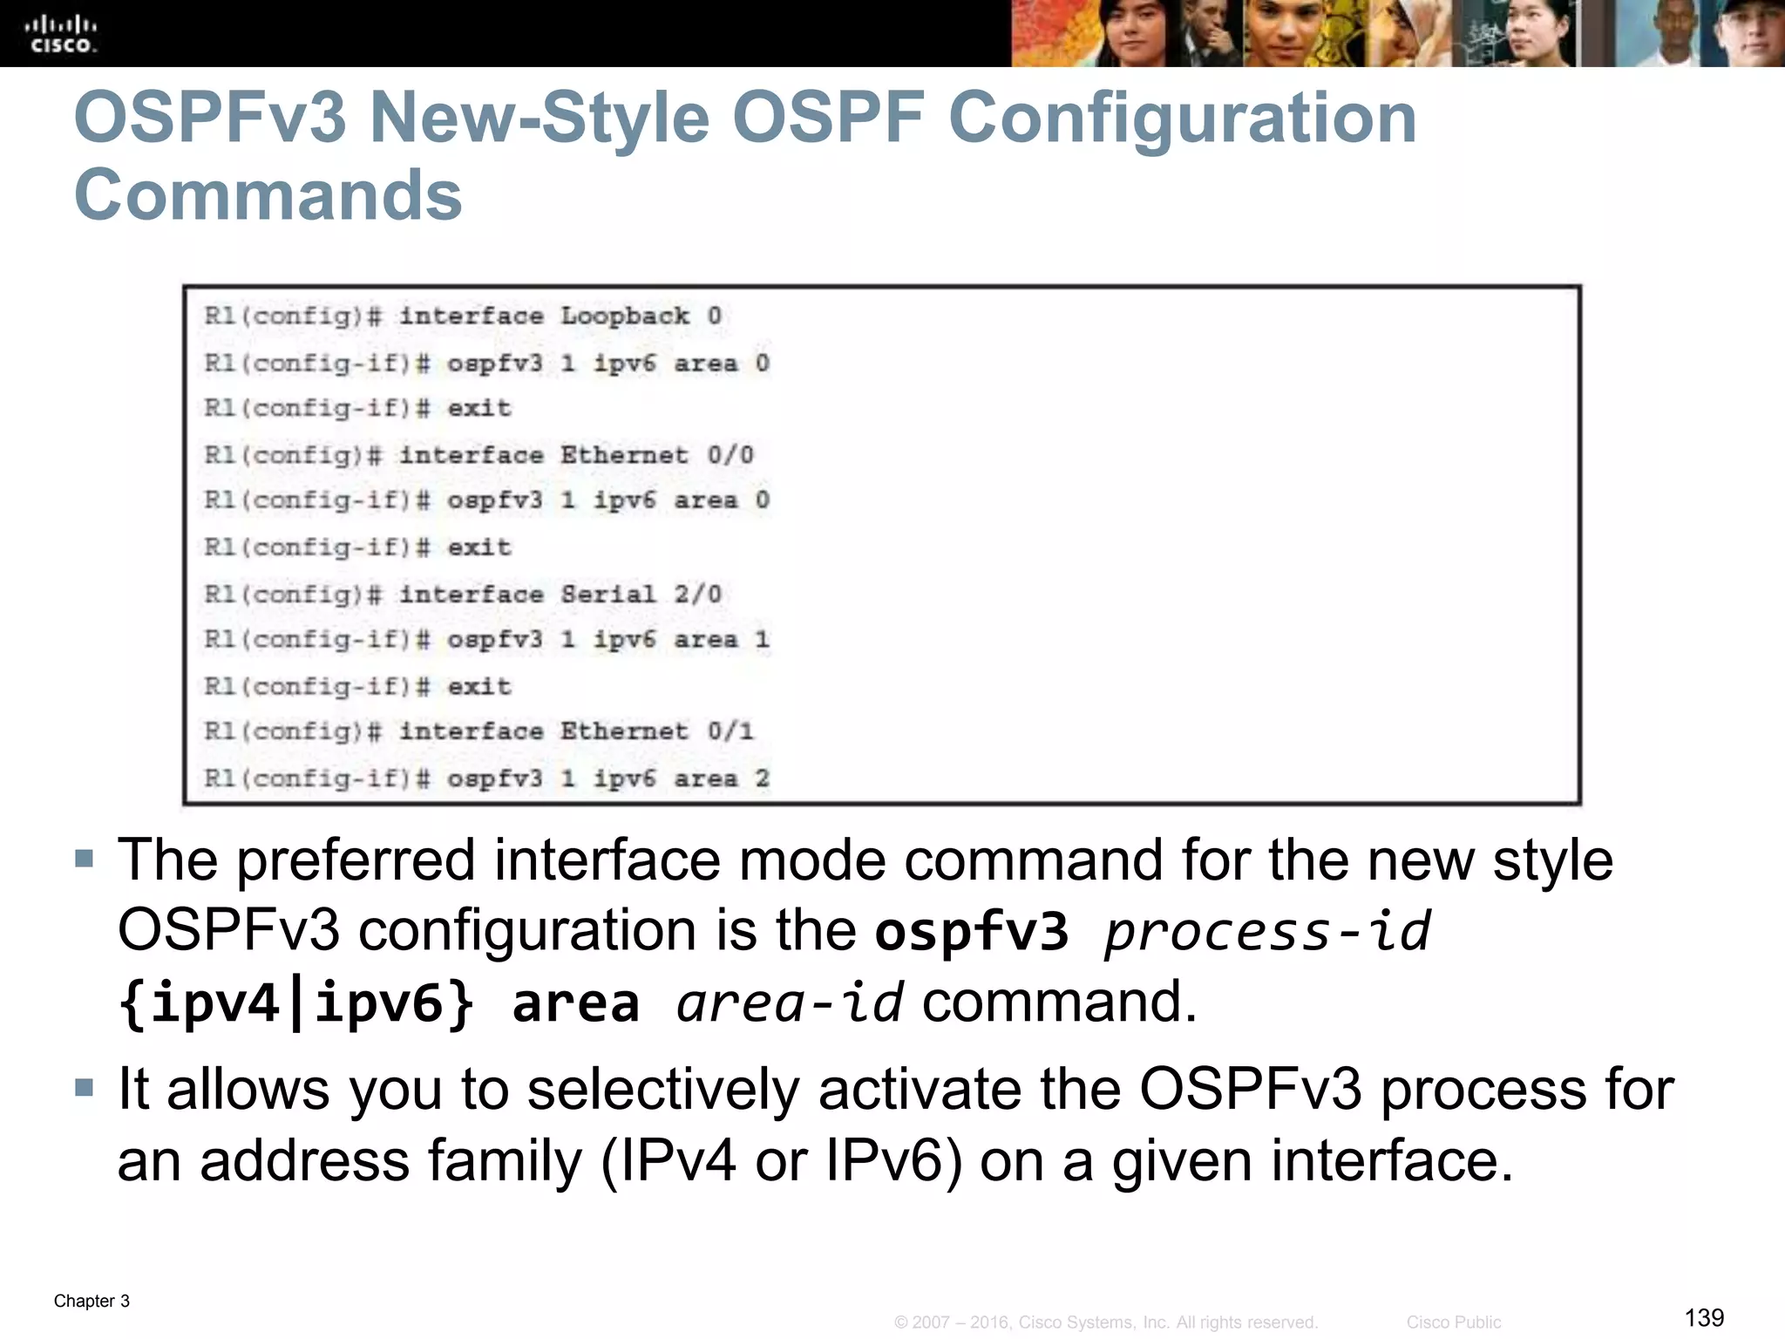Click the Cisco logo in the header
(61, 34)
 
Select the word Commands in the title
(268, 195)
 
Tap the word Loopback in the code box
(624, 316)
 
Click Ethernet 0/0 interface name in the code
(656, 455)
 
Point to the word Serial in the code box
(607, 595)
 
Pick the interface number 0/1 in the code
(730, 731)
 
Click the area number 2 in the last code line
(763, 778)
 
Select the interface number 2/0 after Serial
(698, 595)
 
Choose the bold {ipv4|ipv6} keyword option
(297, 1003)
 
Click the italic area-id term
(790, 1003)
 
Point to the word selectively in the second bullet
(663, 1090)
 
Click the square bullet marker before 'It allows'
(84, 1088)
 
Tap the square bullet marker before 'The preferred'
(84, 860)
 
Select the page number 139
(1704, 1317)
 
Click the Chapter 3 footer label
(92, 1301)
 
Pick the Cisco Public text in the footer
(1453, 1322)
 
